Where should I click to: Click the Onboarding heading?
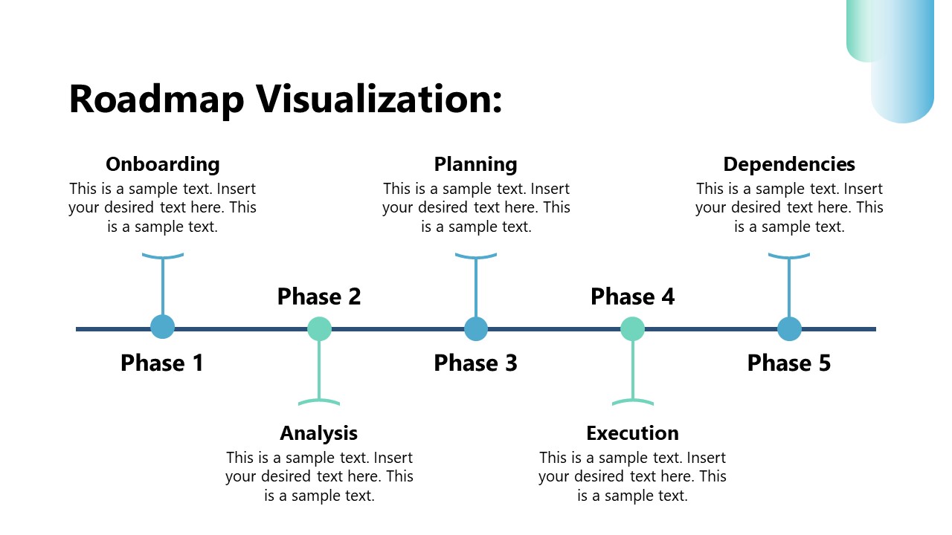pos(162,164)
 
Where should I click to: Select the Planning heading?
pos(475,164)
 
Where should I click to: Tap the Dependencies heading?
pos(788,164)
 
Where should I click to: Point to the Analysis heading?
pos(318,433)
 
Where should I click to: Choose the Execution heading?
pos(632,433)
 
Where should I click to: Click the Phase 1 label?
pos(162,363)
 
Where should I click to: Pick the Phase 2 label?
pos(318,296)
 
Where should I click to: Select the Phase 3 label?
pos(475,363)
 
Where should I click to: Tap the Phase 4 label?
pos(632,296)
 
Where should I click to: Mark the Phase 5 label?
pos(788,363)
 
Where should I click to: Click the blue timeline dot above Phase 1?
pos(162,327)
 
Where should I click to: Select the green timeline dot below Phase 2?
pos(319,328)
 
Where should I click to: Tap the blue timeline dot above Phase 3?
pos(476,328)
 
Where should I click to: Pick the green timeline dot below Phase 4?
pos(632,328)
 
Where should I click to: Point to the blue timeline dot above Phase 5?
pos(789,328)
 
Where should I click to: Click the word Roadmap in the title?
pos(156,100)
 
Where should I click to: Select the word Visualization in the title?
pos(379,100)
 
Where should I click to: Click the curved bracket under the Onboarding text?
pos(162,256)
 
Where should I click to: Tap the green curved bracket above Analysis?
pos(319,402)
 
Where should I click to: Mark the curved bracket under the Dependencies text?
pos(789,256)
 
